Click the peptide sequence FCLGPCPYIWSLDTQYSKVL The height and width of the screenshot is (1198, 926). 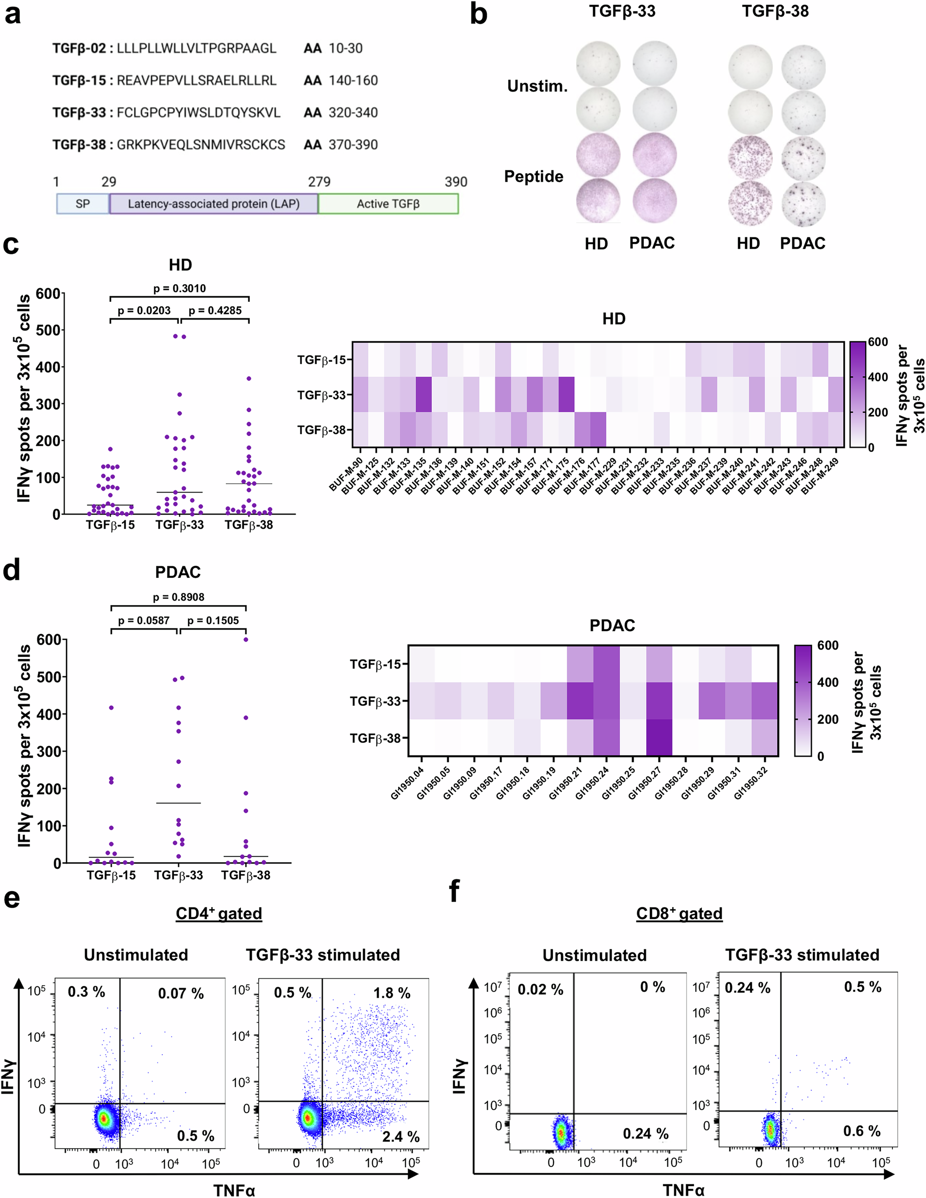click(198, 113)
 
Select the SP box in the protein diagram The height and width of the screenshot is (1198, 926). click(83, 204)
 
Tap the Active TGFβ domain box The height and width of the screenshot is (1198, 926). click(388, 204)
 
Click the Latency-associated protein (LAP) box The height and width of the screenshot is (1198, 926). click(213, 204)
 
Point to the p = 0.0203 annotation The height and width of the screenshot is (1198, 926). click(144, 311)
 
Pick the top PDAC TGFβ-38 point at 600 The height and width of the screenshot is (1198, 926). click(246, 640)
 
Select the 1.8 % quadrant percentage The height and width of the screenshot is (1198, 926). click(392, 993)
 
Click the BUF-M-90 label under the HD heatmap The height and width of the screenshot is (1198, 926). click(345, 475)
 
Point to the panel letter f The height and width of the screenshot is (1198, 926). click(454, 891)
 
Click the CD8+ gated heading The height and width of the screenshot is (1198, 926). click(679, 913)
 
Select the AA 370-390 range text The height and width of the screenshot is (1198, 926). click(341, 145)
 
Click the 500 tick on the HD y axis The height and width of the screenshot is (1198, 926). click(48, 330)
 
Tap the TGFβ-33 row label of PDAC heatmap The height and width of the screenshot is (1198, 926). click(376, 701)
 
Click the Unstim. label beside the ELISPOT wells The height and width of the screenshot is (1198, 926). click(537, 86)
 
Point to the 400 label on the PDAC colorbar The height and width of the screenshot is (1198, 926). click(827, 682)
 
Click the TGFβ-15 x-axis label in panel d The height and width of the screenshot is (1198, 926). click(111, 875)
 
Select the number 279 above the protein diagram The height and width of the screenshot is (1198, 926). click(319, 182)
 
